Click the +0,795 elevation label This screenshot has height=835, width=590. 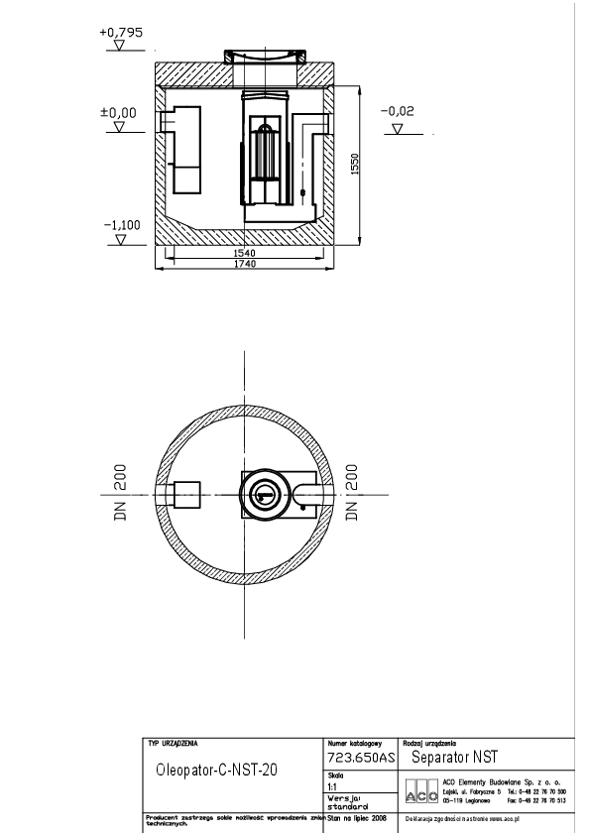tap(121, 33)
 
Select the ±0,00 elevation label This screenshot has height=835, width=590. tap(119, 112)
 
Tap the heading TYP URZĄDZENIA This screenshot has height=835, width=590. tap(173, 743)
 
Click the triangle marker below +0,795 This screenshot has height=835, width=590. tap(121, 45)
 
